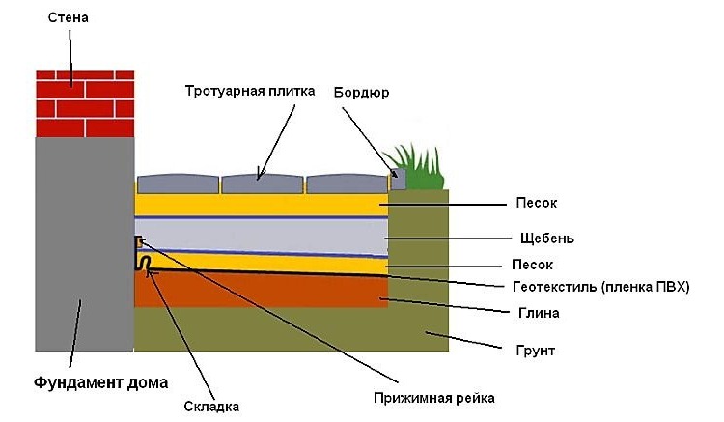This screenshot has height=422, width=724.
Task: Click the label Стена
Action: coord(68,18)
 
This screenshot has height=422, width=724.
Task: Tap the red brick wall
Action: coord(85,104)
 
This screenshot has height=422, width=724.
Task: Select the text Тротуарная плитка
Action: coord(250,91)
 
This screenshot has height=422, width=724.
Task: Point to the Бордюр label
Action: coord(361,93)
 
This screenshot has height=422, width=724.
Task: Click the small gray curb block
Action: coord(399,180)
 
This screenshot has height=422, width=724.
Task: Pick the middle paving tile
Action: coord(263,183)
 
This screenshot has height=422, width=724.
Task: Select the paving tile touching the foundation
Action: coord(178,183)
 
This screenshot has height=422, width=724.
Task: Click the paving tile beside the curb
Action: coord(348,183)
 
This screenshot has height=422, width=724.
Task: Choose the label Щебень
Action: coord(546,239)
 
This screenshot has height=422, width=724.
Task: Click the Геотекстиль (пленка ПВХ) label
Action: coord(600,287)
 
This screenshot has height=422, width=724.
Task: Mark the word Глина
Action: coord(539,313)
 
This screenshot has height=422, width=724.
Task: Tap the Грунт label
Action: coord(535,351)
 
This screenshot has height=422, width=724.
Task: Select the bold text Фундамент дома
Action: coord(100,382)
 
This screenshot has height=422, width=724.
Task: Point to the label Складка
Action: coord(211,407)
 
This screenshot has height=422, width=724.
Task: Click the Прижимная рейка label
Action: coord(434,398)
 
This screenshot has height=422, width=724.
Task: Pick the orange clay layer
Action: coord(261,290)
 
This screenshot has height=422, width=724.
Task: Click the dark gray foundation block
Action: coord(85,244)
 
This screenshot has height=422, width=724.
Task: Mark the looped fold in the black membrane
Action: coord(145,263)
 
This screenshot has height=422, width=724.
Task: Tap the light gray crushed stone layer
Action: coord(262,236)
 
